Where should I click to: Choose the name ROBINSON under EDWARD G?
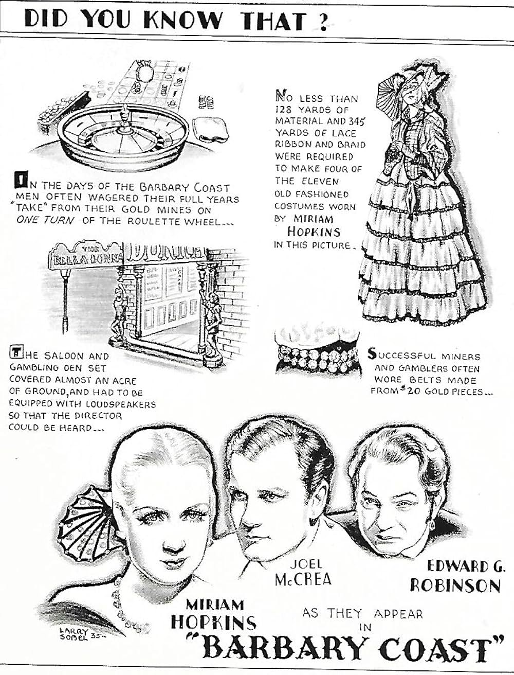(455, 585)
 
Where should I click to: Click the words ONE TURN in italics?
(45, 221)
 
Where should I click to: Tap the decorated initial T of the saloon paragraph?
(15, 352)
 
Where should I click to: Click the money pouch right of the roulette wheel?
(210, 129)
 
